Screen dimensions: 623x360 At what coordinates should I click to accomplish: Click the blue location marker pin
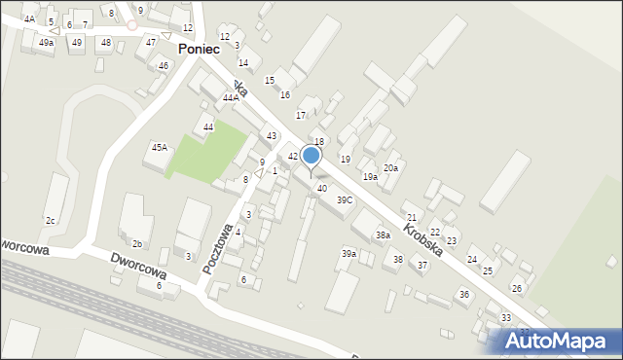311,157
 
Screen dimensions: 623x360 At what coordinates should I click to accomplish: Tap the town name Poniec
203,49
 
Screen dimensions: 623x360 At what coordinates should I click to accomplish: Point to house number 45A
160,147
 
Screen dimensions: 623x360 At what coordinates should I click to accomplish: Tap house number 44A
230,98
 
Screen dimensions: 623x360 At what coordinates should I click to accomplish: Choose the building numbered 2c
50,221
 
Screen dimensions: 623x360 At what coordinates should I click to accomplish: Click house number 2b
137,243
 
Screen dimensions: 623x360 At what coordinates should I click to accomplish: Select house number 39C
345,199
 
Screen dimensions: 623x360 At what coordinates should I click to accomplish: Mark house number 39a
348,254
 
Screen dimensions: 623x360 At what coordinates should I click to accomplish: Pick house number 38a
384,235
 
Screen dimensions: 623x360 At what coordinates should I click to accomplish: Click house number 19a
370,177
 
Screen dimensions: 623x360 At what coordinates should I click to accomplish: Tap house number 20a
390,168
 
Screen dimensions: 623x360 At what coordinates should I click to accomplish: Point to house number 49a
46,43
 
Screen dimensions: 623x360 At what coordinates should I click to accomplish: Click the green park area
206,151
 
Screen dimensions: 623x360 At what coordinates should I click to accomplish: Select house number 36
464,294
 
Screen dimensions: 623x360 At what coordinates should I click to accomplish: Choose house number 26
517,289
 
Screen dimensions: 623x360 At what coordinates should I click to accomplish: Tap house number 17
301,116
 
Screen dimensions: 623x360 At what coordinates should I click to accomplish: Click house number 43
272,135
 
